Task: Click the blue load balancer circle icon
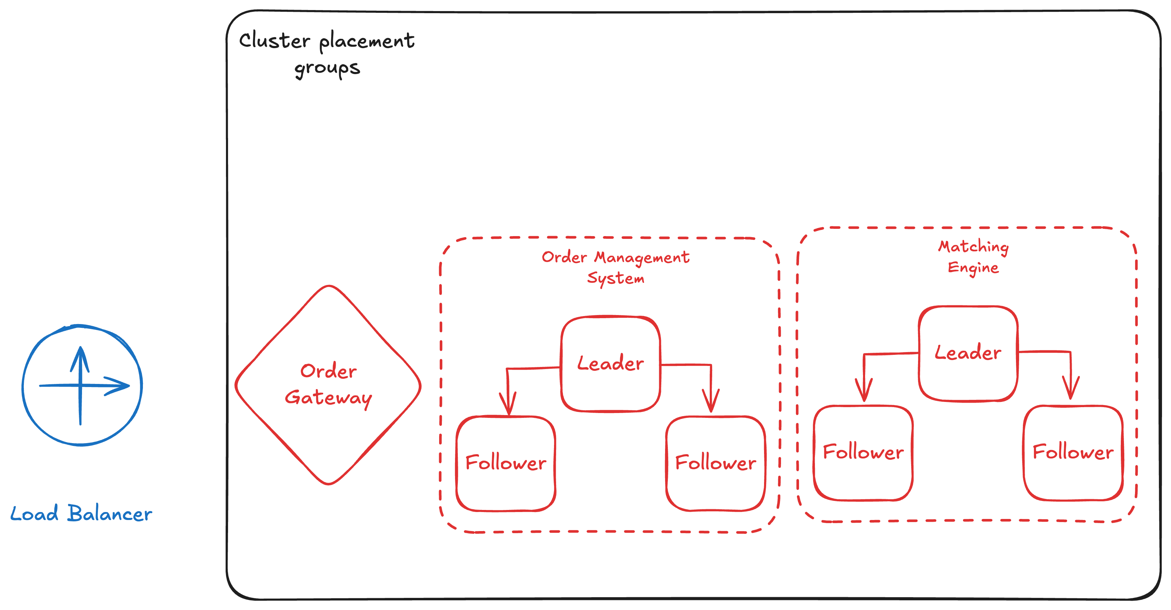[82, 385]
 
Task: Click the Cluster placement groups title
[326, 54]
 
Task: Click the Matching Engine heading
[973, 257]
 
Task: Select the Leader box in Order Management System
[610, 364]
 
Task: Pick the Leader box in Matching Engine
[968, 353]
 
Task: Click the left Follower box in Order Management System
[506, 463]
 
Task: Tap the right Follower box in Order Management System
[716, 463]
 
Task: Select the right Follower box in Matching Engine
[1073, 452]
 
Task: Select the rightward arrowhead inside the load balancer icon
[120, 386]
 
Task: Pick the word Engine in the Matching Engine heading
[973, 268]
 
